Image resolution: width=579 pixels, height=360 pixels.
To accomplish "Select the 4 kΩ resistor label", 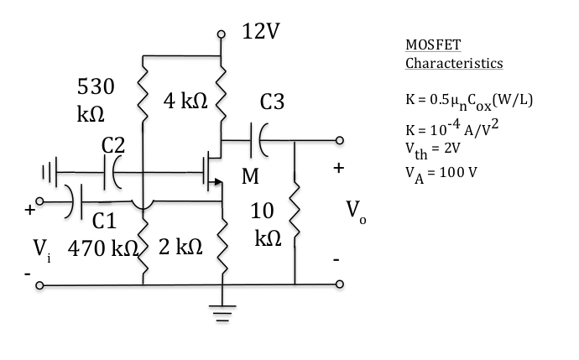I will point(185,102).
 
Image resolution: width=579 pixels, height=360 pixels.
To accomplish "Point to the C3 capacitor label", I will point(273,102).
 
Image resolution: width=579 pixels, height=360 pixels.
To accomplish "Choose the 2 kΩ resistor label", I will point(180,248).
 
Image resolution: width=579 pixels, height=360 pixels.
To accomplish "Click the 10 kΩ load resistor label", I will point(267,226).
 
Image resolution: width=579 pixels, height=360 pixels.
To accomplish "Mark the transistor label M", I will point(249,177).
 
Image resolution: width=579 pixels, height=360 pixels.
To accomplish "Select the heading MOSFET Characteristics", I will point(454,53).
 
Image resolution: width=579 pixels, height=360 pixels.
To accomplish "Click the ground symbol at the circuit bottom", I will point(222,316).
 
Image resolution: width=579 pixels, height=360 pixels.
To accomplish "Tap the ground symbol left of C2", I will point(50,175).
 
